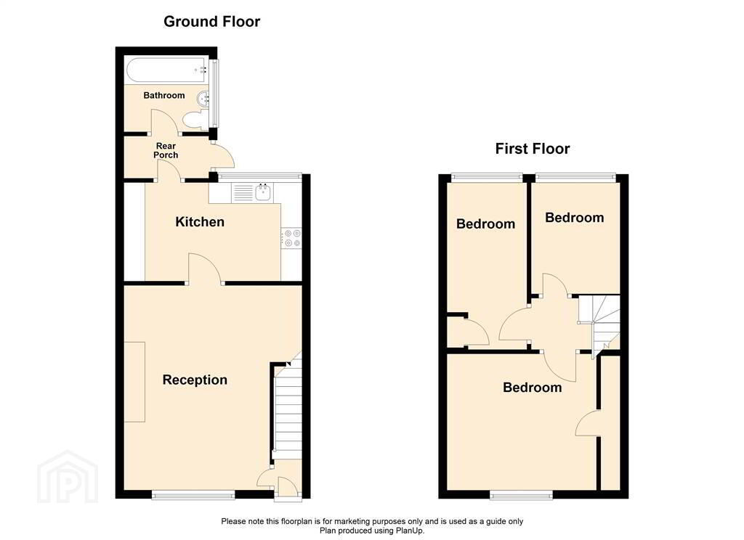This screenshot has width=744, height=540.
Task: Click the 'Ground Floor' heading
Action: (211, 22)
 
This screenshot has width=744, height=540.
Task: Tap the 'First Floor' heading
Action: (532, 149)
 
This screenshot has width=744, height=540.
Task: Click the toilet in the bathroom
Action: (193, 120)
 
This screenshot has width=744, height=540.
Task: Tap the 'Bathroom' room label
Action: (163, 95)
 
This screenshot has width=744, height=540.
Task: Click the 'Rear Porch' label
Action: (165, 150)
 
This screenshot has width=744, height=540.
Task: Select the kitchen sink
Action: (262, 192)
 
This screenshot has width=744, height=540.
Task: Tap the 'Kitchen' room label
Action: (200, 222)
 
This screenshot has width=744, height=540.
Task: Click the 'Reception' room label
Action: (195, 380)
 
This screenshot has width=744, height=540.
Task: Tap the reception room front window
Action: (193, 495)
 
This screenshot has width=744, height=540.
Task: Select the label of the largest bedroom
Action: (532, 388)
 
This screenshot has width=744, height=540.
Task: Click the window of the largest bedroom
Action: (522, 495)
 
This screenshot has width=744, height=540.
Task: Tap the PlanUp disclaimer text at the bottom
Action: (372, 525)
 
